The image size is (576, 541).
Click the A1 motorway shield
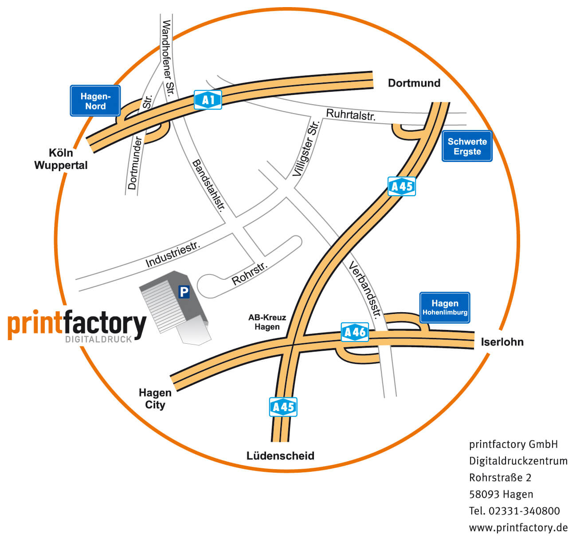coord(208,100)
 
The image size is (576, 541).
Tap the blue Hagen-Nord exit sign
coord(95,101)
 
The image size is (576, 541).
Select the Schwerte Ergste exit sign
coord(467,146)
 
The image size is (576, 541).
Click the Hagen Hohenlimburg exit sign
coord(445,307)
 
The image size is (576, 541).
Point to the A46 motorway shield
coord(355,332)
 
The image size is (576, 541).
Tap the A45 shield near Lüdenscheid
coord(283,407)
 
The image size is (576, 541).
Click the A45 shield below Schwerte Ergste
coord(402,186)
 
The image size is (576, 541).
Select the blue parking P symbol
coord(184,292)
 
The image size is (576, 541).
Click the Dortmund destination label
coord(414,83)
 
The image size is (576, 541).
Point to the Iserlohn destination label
coord(502,342)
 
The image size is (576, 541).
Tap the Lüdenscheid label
coord(280,455)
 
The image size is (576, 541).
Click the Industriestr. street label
coord(173,255)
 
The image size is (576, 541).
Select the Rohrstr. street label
coord(250,274)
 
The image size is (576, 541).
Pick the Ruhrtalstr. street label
coord(351,114)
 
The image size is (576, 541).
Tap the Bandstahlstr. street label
coord(209,185)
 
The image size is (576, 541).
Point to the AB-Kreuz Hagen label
coord(267,322)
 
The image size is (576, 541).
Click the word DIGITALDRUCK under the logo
coord(98,339)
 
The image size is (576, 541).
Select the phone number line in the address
coord(514,511)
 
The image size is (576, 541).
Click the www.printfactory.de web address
coord(518,528)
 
